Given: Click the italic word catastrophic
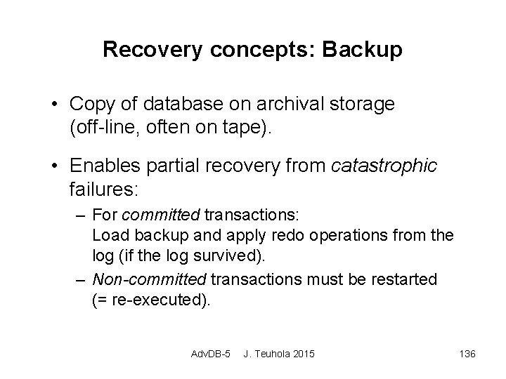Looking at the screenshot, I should (x=384, y=166).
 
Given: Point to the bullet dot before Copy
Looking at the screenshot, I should (x=55, y=105).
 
